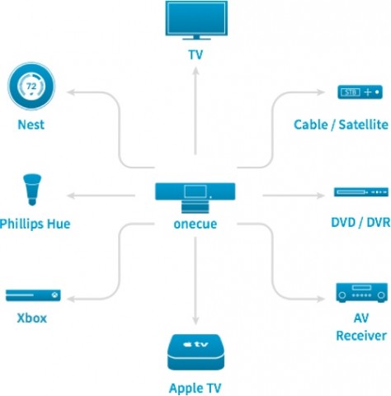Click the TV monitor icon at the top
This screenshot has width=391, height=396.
195,23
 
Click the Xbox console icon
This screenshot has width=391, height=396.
31,295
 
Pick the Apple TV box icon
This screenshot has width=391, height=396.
195,351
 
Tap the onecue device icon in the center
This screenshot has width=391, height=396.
195,192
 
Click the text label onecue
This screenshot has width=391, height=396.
195,222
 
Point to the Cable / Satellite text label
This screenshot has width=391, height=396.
340,125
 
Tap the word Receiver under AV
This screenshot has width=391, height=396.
360,336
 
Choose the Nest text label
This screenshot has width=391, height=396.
31,125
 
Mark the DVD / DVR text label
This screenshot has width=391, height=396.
357,224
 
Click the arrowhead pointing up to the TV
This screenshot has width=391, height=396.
195,72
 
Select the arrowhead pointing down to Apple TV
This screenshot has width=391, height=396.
195,321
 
